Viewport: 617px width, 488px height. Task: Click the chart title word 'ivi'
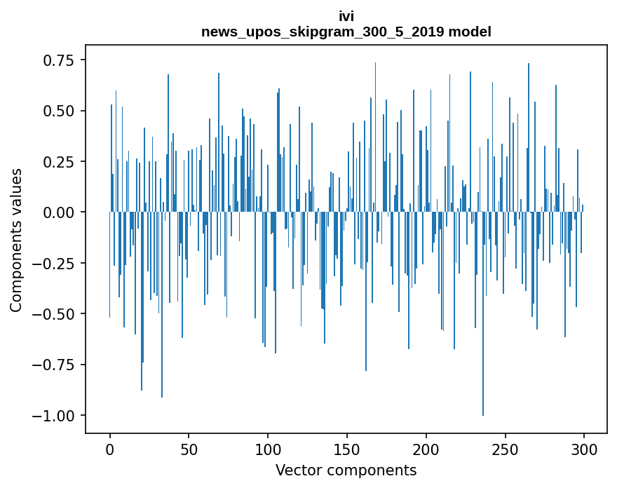pos(346,18)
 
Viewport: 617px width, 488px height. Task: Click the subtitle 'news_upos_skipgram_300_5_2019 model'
pos(346,32)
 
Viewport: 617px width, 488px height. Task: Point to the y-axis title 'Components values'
pos(16,240)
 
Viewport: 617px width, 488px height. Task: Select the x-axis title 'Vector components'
pos(346,470)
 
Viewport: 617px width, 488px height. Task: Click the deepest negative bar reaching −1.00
pos(482,351)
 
